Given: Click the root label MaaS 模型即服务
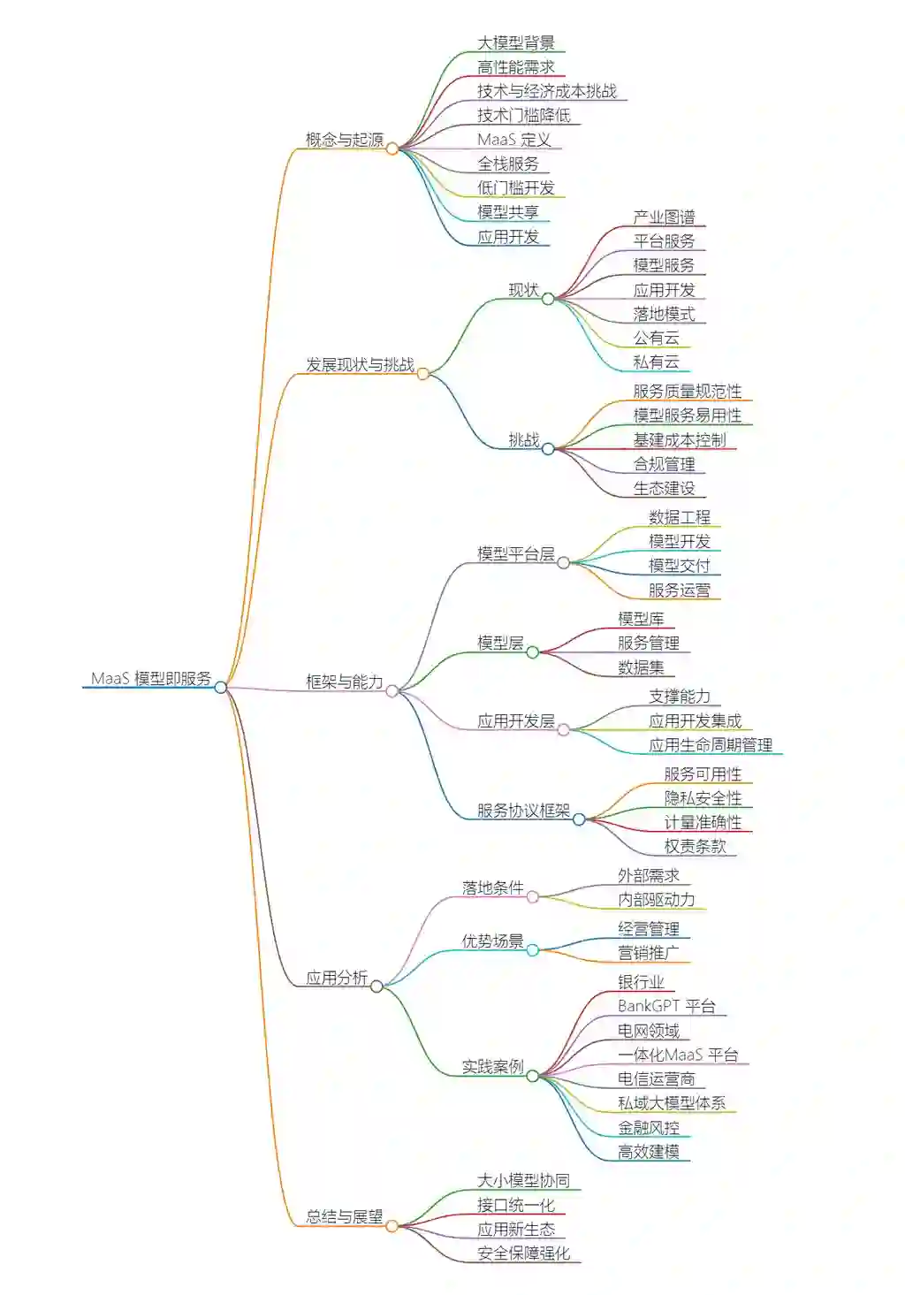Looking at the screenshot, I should point(151,678).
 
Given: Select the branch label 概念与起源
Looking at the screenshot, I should point(345,140).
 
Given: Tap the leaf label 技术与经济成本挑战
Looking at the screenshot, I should point(547,91).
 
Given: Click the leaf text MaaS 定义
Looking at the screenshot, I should point(514,140).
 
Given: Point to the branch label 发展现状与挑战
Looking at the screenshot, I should point(360,364).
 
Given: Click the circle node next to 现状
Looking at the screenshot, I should point(548,299).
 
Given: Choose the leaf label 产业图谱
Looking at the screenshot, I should point(664,217).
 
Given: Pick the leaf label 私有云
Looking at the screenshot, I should point(656,362).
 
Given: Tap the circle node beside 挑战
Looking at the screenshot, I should point(548,449).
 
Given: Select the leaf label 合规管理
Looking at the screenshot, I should point(664,463).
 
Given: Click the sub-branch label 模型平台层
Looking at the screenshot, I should point(516,553).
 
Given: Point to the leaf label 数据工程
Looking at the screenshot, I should point(679,517).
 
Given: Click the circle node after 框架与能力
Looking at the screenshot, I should point(392,691).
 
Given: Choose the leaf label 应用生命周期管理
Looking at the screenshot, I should point(711,745).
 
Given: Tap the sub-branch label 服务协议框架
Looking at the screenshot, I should point(523,811).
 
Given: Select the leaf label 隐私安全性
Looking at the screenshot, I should point(703,798).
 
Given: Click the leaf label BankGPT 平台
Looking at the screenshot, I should point(666,1006).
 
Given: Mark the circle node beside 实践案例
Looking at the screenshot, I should point(533,1076).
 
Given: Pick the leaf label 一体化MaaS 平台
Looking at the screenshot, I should point(678,1055).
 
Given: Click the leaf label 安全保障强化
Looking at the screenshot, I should point(523,1253).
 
